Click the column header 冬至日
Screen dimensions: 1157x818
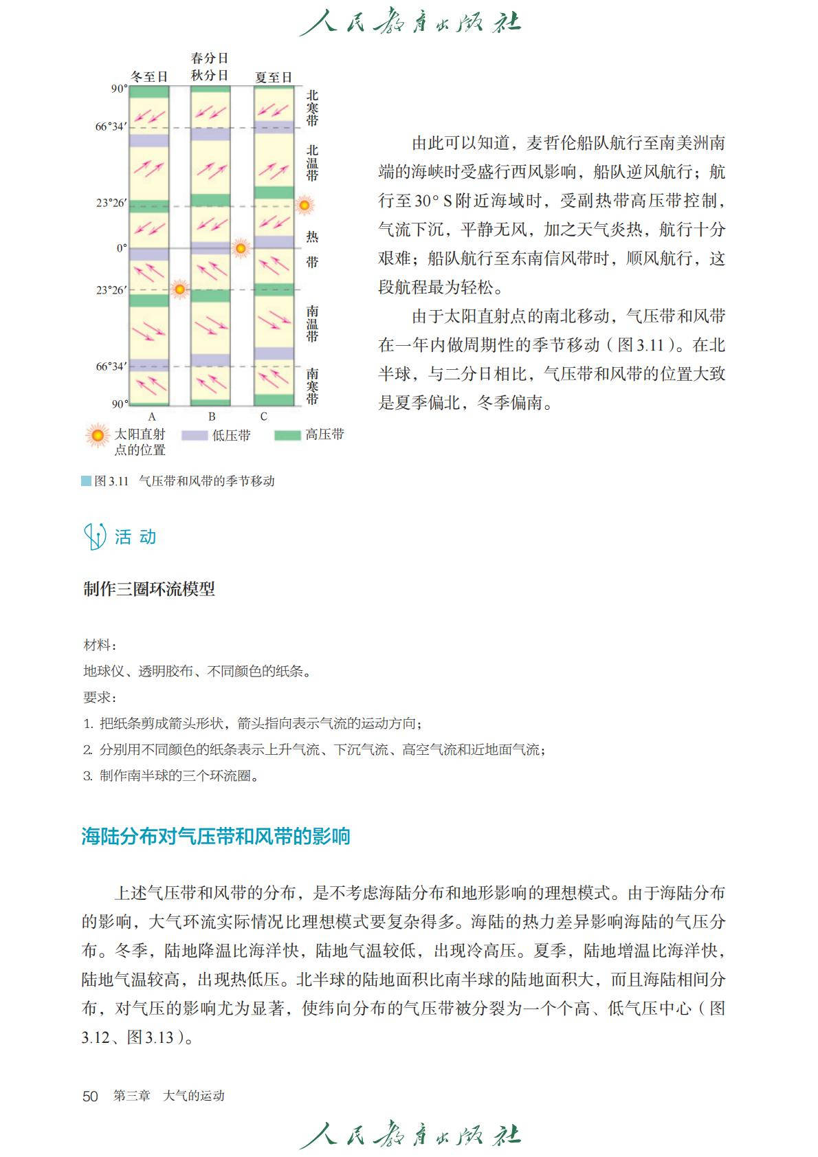point(149,77)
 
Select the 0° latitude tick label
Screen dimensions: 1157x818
point(122,248)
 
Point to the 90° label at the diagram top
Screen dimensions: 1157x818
point(119,89)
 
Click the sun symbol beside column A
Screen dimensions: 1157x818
point(179,289)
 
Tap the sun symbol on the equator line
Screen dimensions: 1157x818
point(241,248)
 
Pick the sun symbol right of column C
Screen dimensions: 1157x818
point(304,205)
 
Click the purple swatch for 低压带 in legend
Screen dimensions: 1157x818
point(194,435)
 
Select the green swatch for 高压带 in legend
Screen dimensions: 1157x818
point(287,435)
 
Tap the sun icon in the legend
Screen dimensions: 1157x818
point(98,435)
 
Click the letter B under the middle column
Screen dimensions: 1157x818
point(212,417)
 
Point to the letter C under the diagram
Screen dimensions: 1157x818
point(263,417)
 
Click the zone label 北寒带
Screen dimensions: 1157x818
point(313,108)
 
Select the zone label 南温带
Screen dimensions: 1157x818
point(313,324)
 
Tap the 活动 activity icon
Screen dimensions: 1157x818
point(94,536)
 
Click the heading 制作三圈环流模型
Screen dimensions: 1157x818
point(149,589)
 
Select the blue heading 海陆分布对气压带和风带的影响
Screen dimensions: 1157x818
point(216,837)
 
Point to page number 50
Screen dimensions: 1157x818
point(90,1096)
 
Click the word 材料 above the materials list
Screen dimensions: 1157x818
point(98,645)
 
